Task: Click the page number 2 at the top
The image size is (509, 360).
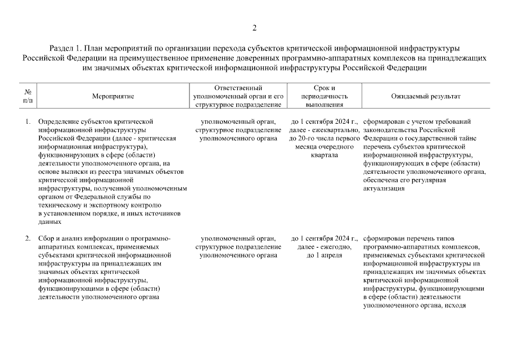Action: (254, 28)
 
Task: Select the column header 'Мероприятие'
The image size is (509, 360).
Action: (113, 97)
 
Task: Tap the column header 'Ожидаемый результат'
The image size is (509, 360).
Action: (425, 97)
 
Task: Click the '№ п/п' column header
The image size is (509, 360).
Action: (28, 97)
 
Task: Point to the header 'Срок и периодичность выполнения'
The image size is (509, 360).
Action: (324, 96)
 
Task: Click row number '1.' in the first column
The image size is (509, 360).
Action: (28, 121)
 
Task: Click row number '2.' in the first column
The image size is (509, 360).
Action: (28, 238)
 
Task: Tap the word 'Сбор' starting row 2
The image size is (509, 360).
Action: (46, 238)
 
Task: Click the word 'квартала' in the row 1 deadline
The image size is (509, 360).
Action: (324, 155)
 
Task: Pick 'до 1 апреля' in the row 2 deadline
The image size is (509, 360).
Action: (324, 255)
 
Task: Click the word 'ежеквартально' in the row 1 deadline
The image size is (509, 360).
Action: (332, 129)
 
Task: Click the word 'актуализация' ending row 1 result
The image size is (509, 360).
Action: (384, 188)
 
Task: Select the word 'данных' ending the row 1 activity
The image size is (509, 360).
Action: (48, 222)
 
